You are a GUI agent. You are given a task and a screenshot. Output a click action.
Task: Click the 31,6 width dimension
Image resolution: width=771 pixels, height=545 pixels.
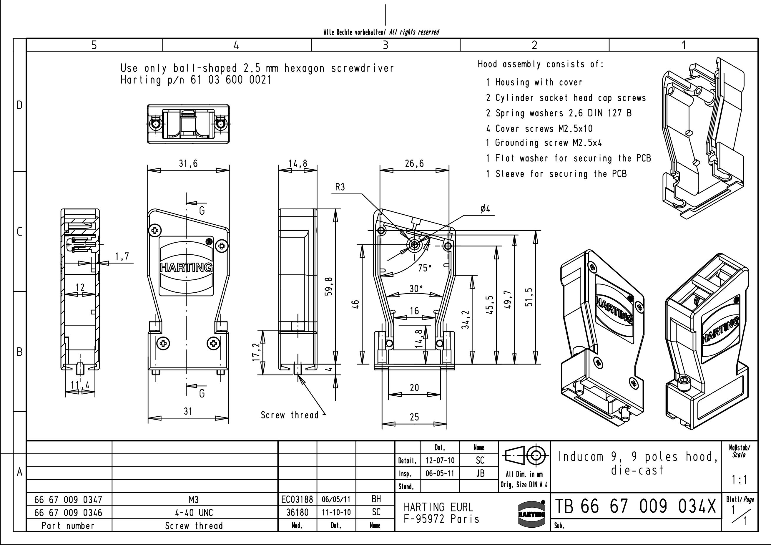click(188, 164)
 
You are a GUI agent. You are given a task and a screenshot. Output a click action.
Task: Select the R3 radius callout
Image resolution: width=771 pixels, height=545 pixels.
click(340, 188)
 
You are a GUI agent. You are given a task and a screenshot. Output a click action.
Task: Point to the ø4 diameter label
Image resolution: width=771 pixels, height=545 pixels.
click(485, 209)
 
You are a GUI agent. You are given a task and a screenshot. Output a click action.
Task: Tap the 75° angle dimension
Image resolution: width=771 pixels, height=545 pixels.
click(425, 268)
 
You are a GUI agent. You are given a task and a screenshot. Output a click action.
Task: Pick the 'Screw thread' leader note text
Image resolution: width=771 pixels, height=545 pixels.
click(290, 415)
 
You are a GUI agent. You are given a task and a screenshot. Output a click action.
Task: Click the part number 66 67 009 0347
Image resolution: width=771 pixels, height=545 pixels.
click(68, 500)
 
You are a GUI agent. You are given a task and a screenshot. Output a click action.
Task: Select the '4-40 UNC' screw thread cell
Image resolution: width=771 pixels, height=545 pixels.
click(194, 513)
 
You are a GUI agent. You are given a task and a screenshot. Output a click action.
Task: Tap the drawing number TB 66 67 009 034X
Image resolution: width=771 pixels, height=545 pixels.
click(635, 506)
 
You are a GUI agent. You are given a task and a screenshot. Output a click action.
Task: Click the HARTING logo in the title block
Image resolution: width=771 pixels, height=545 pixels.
click(531, 514)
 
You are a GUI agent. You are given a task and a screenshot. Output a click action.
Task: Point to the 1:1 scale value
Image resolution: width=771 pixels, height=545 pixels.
click(740, 480)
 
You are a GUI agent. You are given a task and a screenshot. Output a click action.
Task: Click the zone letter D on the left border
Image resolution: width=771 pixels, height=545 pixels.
click(19, 105)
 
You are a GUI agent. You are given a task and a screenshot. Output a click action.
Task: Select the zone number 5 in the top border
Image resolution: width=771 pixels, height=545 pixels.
click(94, 45)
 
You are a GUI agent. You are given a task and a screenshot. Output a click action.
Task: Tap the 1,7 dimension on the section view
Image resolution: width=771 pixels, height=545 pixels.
click(122, 257)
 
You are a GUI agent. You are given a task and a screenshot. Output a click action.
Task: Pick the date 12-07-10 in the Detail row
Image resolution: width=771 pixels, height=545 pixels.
click(440, 460)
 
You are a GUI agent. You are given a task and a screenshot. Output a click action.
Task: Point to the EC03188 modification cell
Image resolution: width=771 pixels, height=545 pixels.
click(297, 500)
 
